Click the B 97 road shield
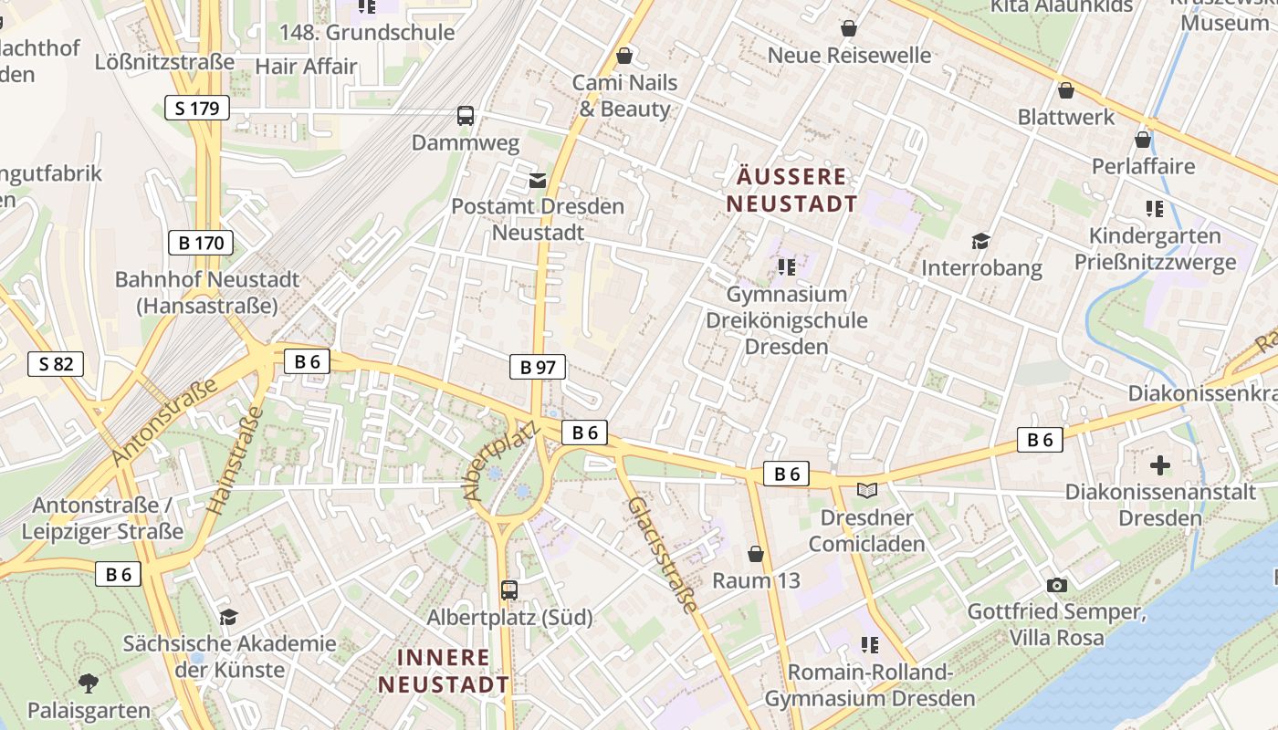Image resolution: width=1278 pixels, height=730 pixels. click(x=538, y=367)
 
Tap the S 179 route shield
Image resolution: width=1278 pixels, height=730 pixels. click(x=197, y=109)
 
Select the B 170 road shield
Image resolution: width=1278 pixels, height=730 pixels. click(x=201, y=243)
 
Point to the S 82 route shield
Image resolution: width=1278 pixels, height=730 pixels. click(x=56, y=364)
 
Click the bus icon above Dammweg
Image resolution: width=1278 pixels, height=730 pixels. click(x=466, y=116)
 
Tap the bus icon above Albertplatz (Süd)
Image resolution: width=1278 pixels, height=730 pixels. click(x=509, y=590)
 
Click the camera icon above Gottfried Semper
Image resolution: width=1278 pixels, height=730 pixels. click(x=1057, y=585)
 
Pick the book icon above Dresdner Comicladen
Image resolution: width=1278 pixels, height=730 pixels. click(x=867, y=491)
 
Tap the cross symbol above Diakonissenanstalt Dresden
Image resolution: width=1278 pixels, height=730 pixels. click(x=1160, y=465)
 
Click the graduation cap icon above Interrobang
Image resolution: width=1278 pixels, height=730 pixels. click(x=981, y=241)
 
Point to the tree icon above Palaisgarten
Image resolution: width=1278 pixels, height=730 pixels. click(x=89, y=683)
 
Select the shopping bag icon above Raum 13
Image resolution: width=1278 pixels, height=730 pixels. click(x=756, y=554)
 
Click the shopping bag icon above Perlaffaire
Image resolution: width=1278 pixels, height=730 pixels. click(x=1143, y=140)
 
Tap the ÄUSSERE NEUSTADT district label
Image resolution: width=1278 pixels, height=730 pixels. click(x=792, y=190)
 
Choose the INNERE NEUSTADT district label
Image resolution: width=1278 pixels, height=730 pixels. click(x=444, y=670)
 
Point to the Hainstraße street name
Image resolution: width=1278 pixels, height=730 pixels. click(x=235, y=460)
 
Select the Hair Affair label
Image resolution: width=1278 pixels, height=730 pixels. click(x=306, y=66)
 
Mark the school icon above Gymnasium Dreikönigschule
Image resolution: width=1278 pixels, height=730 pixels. click(x=787, y=267)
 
